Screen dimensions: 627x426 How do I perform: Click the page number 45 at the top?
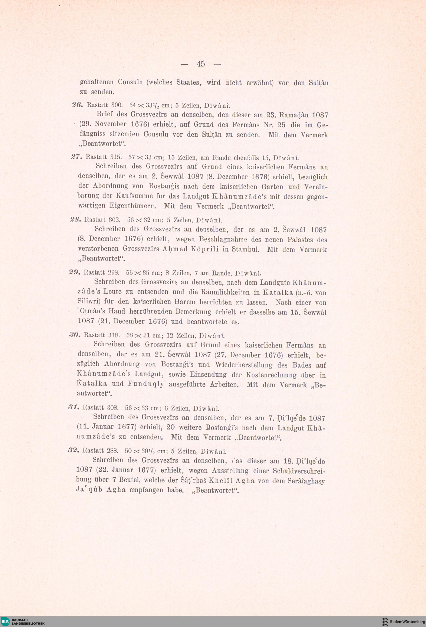[x=201, y=64]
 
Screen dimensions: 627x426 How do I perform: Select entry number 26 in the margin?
[x=75, y=105]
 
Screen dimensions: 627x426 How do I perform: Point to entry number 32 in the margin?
[x=73, y=450]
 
